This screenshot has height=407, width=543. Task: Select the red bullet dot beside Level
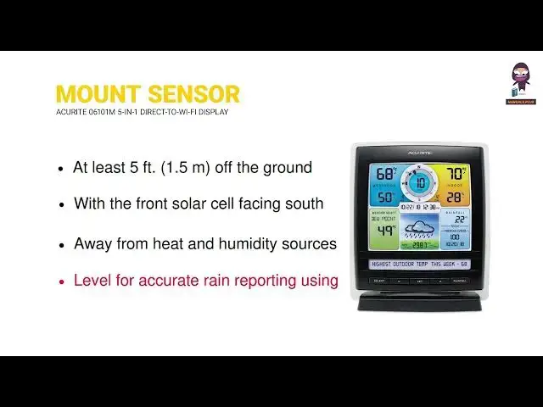click(x=60, y=282)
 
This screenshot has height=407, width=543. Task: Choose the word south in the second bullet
click(x=305, y=203)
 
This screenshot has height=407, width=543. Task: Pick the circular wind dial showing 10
click(x=418, y=181)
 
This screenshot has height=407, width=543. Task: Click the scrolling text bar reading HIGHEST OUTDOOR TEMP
click(x=419, y=264)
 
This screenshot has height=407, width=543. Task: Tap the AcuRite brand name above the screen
click(x=419, y=152)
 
